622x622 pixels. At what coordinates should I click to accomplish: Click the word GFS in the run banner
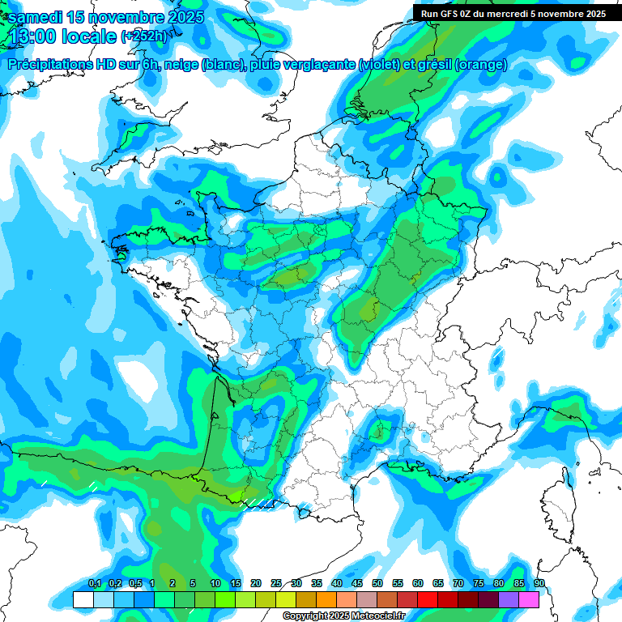[445, 13]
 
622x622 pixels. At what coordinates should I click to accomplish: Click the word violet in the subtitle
[377, 65]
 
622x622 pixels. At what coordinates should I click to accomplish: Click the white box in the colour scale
[83, 600]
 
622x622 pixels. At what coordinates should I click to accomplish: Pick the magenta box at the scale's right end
[529, 600]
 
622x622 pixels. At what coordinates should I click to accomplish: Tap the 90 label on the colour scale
[539, 583]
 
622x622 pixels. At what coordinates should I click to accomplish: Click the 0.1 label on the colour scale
[94, 583]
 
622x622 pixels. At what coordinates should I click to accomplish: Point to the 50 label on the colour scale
[377, 583]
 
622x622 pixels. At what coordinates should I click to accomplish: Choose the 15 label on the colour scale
[236, 583]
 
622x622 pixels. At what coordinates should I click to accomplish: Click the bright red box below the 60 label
[428, 600]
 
